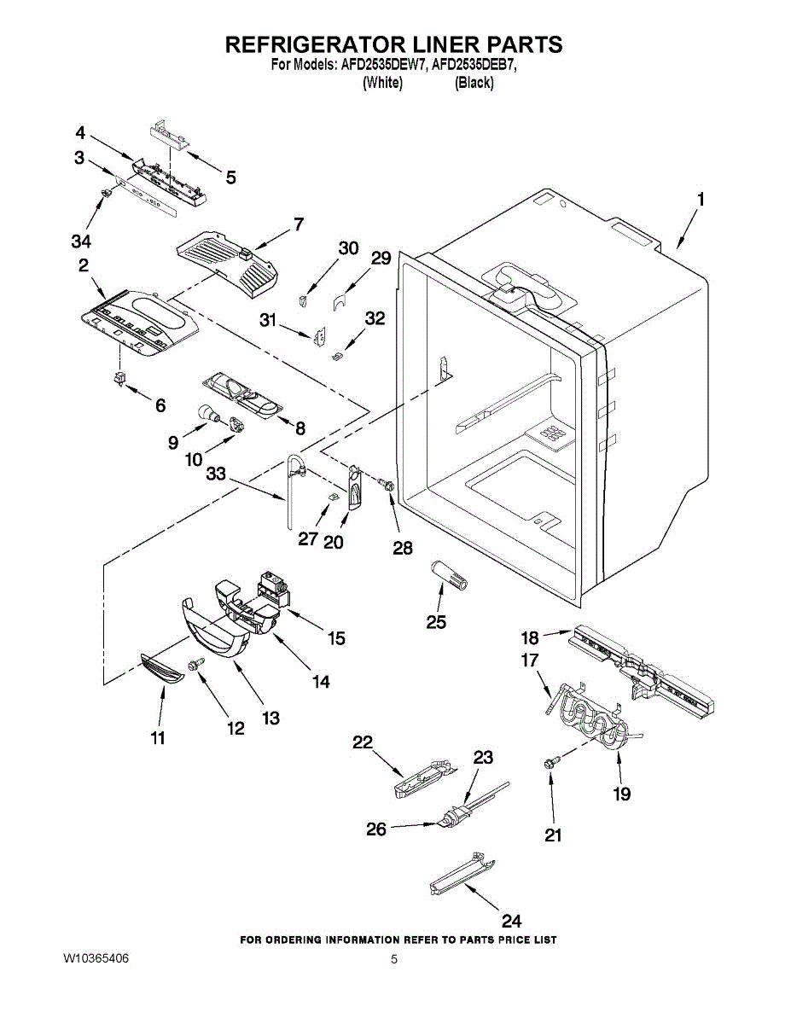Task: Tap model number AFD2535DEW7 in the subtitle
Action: pos(382,65)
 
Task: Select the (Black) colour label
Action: pos(474,83)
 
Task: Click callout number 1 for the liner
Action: pos(700,200)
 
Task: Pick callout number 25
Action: pos(435,622)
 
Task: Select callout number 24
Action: pos(510,921)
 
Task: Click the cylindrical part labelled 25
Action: pos(449,573)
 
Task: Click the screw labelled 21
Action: pos(550,761)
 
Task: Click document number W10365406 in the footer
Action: pos(96,959)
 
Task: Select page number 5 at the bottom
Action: pos(394,959)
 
